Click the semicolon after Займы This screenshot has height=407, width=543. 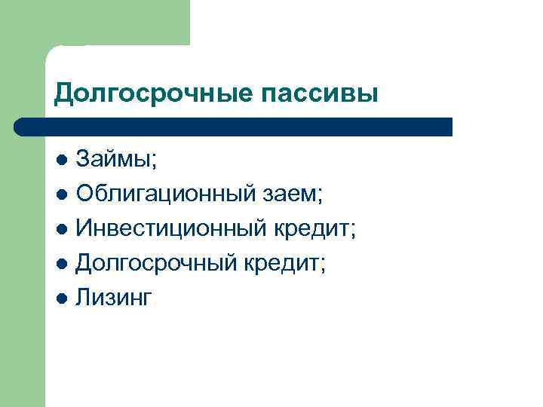click(154, 162)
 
